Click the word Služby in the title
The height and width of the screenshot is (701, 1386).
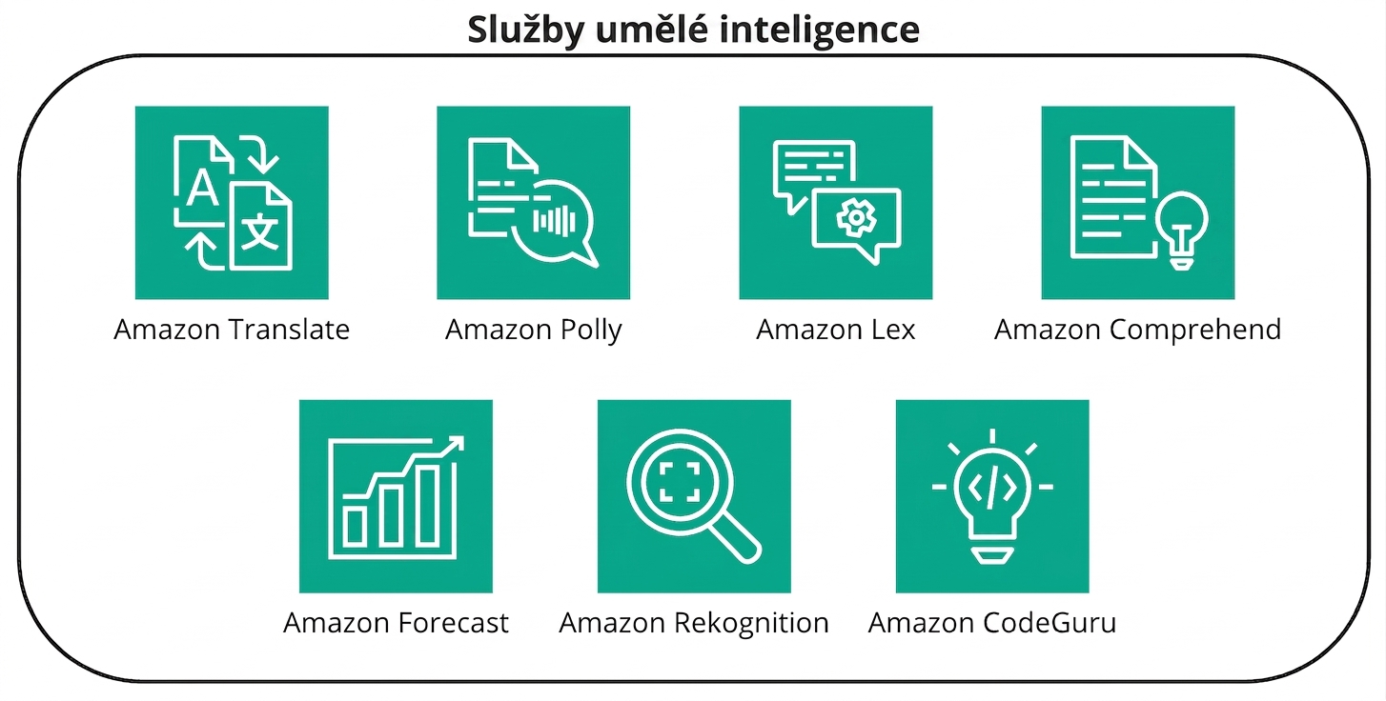(x=525, y=30)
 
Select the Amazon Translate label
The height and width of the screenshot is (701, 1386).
(x=232, y=330)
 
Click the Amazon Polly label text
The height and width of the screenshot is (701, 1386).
(x=534, y=330)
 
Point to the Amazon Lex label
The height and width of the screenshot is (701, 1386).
(x=835, y=330)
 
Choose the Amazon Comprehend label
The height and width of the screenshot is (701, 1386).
(x=1138, y=330)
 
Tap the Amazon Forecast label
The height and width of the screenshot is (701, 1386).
(x=396, y=623)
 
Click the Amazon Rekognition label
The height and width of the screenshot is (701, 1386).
(x=694, y=624)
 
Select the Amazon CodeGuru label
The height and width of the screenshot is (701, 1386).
(x=992, y=623)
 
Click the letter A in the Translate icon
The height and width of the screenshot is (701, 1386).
(x=202, y=188)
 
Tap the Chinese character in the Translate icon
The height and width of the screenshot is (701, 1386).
(x=260, y=231)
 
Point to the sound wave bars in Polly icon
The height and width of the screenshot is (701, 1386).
(x=555, y=221)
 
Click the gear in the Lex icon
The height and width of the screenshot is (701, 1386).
(x=856, y=217)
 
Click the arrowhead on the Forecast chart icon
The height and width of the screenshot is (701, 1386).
(x=456, y=443)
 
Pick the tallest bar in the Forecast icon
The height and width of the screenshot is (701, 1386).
(x=428, y=505)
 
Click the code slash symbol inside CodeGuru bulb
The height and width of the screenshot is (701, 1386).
(x=992, y=489)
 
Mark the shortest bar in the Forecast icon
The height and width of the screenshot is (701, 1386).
(x=356, y=526)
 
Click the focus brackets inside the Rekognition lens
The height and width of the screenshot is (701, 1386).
(x=680, y=482)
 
